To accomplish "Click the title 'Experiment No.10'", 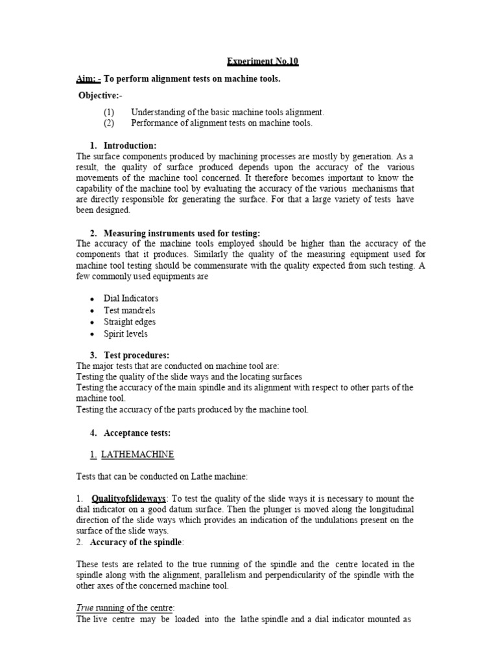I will point(263,62).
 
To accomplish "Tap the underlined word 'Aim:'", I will point(88,79).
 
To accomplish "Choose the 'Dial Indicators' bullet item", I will point(131,298).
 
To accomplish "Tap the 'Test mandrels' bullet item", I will point(130,310).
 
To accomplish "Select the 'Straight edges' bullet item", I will point(130,322).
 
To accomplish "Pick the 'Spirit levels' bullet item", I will point(126,334).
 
